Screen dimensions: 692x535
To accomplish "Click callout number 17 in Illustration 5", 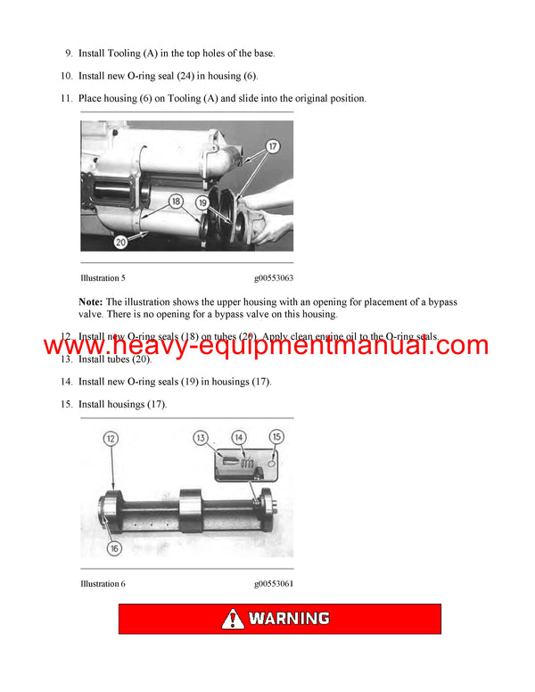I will click(x=272, y=145).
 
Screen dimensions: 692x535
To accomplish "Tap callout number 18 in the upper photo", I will click(x=177, y=202).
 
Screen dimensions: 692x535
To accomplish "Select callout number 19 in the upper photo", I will click(x=202, y=202).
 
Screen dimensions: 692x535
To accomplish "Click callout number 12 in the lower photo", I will click(x=111, y=439).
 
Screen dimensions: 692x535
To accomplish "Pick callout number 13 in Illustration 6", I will click(x=202, y=437).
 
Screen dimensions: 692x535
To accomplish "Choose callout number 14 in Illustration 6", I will click(x=239, y=437).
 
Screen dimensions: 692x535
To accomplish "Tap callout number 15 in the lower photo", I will click(x=276, y=437).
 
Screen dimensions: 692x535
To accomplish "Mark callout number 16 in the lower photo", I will click(x=114, y=548).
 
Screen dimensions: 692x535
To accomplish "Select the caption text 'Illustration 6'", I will click(x=103, y=584).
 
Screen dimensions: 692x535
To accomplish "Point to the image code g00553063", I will click(x=274, y=278).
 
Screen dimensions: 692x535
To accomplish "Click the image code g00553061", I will click(x=274, y=584).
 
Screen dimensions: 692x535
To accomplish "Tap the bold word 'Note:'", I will click(x=91, y=302).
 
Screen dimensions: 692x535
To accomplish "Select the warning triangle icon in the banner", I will click(x=233, y=619).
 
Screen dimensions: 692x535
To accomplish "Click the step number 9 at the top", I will click(x=69, y=54).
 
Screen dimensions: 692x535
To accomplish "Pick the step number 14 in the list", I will click(x=66, y=382).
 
